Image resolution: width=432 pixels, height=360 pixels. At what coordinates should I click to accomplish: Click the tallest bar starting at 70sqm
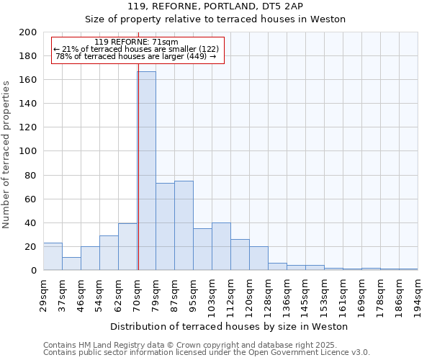pos(146,171)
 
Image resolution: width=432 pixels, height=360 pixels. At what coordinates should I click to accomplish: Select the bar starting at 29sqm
pos(53,256)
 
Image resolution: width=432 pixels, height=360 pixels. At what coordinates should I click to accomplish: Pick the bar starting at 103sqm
pos(221,246)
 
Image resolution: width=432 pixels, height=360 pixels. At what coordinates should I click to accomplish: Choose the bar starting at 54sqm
pos(109,253)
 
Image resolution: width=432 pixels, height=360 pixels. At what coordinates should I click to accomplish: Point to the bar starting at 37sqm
pos(71,264)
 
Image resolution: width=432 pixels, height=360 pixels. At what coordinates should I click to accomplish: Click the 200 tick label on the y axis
pos(28,32)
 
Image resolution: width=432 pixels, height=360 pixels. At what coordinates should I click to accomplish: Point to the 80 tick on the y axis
pos(31,175)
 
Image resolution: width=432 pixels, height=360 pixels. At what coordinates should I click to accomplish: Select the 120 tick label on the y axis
pos(28,127)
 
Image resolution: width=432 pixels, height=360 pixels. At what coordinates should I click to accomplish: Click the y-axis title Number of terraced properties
pos(6,154)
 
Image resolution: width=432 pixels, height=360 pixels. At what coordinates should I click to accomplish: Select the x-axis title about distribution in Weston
pos(229,326)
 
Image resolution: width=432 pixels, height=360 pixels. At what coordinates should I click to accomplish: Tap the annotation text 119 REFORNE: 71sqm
pos(137,42)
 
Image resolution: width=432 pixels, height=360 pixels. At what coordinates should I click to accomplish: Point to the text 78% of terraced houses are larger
pos(137,56)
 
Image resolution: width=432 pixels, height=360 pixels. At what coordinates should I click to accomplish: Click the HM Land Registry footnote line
pos(200,345)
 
